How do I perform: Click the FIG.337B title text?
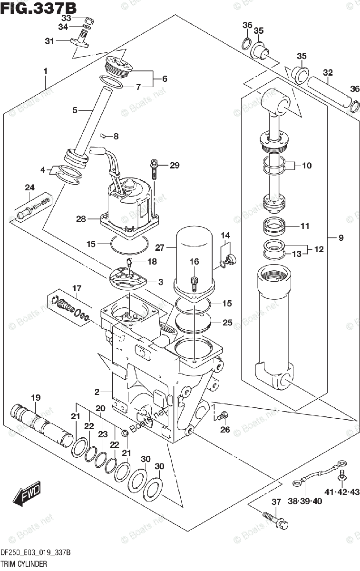[39, 8]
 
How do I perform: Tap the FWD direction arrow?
[28, 494]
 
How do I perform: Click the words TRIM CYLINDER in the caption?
[24, 564]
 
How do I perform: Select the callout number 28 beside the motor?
[80, 219]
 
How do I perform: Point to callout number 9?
[341, 237]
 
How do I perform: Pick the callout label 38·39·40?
[305, 501]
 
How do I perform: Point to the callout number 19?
[36, 397]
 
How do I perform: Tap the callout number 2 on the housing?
[97, 392]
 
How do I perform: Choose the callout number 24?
[30, 187]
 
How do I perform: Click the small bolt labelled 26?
[221, 417]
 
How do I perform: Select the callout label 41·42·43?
[342, 492]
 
